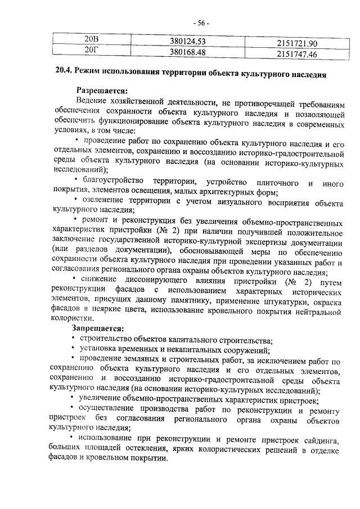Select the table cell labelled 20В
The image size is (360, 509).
(x=91, y=40)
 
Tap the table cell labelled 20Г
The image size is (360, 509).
(x=91, y=52)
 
